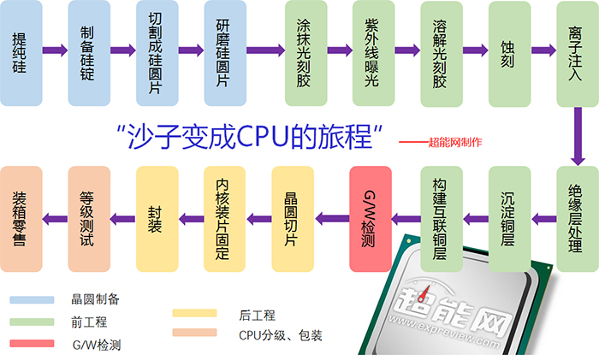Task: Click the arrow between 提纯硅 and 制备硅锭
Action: [x=55, y=50]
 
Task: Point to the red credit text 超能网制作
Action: [x=454, y=142]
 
